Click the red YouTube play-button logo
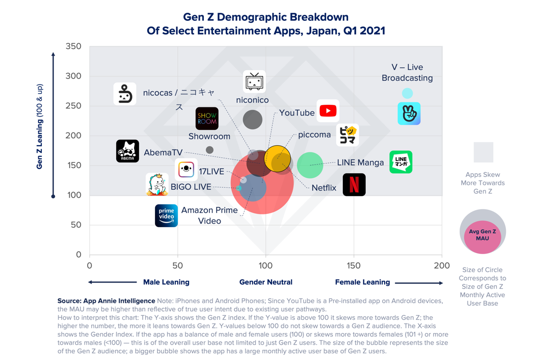(x=328, y=110)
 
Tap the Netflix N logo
(x=354, y=184)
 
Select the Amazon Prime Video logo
(x=166, y=215)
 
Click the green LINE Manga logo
(x=400, y=162)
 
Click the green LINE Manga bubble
(x=310, y=165)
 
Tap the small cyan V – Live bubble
(x=407, y=93)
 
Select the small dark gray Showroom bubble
(x=209, y=150)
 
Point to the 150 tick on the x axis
(x=354, y=265)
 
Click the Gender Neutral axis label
(x=266, y=282)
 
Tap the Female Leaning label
(x=362, y=282)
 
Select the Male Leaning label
(x=166, y=282)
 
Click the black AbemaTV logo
(x=127, y=151)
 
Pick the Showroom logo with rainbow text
(x=207, y=119)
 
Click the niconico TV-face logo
(x=254, y=81)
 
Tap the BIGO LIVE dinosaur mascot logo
(x=157, y=184)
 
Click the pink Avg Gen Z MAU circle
(x=482, y=237)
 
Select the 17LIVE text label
(x=211, y=172)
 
